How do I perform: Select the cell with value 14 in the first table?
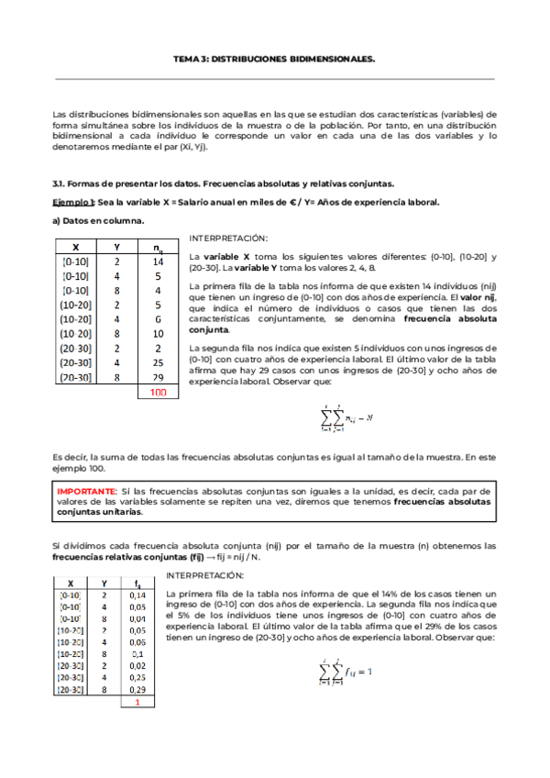[159, 261]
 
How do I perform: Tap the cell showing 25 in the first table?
[159, 362]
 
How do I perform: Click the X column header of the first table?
[75, 246]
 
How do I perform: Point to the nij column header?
[159, 246]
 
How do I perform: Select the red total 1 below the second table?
[137, 702]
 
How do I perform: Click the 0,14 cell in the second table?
[137, 595]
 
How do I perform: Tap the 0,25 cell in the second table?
[137, 676]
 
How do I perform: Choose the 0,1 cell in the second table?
[137, 653]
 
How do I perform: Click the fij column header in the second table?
[137, 583]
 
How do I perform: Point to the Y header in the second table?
[104, 583]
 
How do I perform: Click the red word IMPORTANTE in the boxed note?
[86, 491]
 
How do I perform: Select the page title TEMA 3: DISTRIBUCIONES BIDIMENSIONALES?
[274, 57]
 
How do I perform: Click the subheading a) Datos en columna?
[98, 221]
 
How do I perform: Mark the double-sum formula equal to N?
[346, 418]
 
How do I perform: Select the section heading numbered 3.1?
[224, 183]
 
